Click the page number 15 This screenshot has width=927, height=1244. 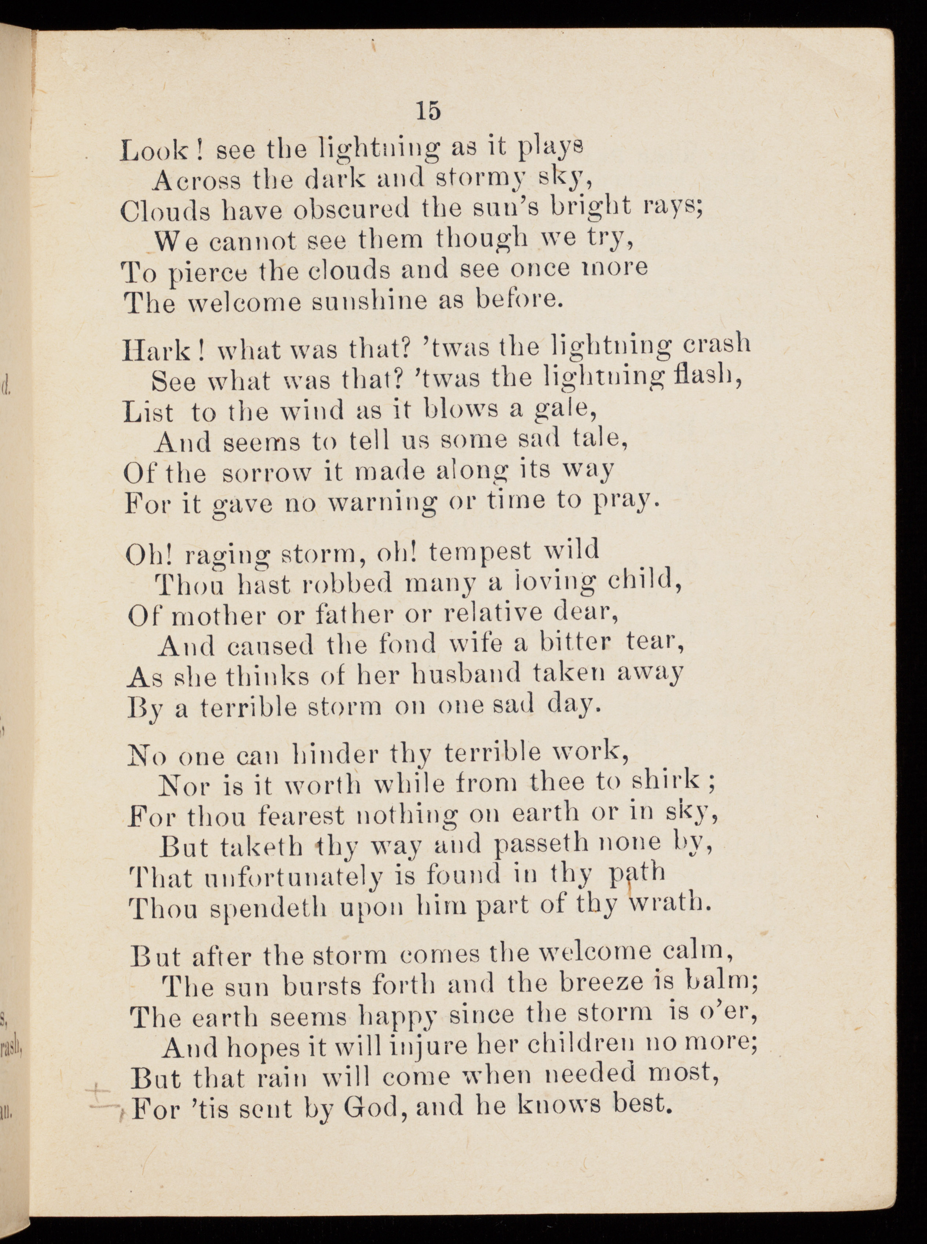coord(428,111)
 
